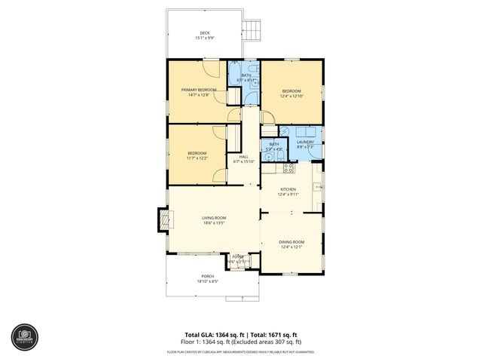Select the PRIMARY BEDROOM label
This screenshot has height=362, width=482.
point(199,90)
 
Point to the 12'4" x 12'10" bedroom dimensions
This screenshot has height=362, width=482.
point(291,96)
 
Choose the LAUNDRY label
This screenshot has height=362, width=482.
point(305,142)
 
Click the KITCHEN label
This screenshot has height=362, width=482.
point(288,189)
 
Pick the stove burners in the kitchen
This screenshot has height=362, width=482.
point(288,167)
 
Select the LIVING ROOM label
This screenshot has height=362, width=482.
point(214,218)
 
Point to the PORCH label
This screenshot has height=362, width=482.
point(207,277)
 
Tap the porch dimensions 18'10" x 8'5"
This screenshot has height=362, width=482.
point(207,282)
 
